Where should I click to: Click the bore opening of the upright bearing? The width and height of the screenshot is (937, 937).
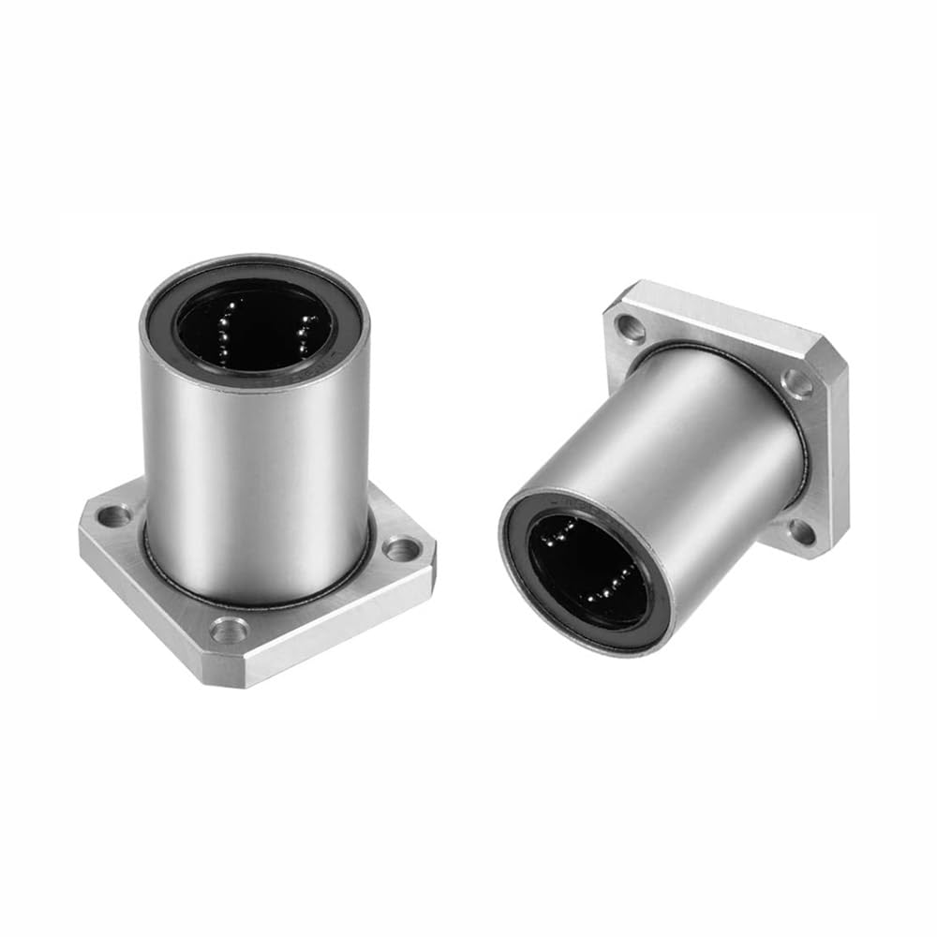pyautogui.click(x=255, y=323)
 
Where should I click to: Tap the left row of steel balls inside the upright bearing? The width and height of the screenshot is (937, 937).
pyautogui.click(x=225, y=330)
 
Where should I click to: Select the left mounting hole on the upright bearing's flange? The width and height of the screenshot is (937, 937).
pyautogui.click(x=116, y=513)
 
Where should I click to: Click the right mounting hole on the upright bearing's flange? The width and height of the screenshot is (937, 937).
pyautogui.click(x=401, y=547)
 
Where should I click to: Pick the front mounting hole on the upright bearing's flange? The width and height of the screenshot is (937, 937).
pyautogui.click(x=228, y=631)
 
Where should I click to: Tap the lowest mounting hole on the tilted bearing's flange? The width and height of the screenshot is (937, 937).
pyautogui.click(x=801, y=531)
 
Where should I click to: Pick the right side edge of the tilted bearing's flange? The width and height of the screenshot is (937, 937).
pyautogui.click(x=839, y=450)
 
